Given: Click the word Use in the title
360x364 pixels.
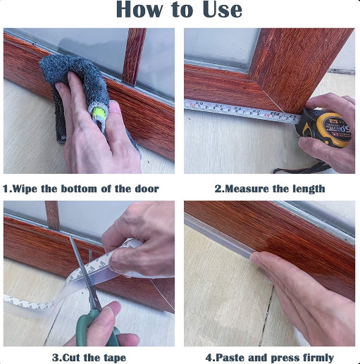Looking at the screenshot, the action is [x=222, y=10].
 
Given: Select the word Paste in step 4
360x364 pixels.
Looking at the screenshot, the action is [x=229, y=358].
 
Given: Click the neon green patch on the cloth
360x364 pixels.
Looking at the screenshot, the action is [x=99, y=113].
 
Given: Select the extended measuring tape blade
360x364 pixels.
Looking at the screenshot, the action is [x=242, y=111].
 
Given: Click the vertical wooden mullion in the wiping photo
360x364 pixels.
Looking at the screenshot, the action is [x=134, y=56].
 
